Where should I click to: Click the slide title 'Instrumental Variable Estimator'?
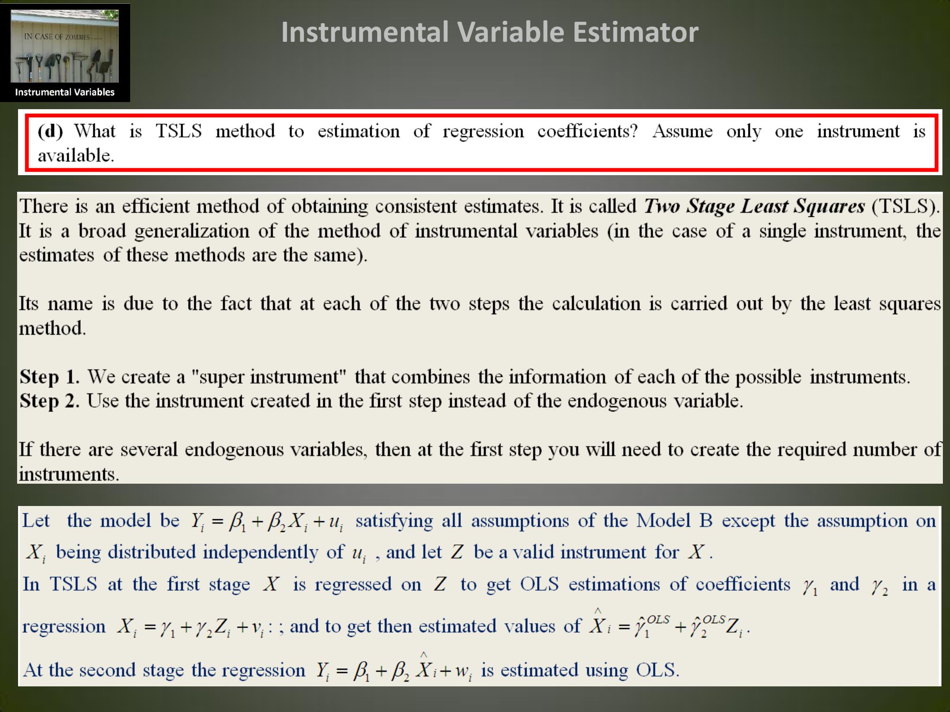click(490, 32)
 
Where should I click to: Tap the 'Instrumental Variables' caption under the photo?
click(65, 92)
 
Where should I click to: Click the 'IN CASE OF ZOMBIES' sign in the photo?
click(57, 37)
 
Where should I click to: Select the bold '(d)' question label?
click(50, 131)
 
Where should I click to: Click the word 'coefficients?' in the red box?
click(588, 131)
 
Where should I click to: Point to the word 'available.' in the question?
click(76, 155)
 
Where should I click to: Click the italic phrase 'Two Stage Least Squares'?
click(754, 206)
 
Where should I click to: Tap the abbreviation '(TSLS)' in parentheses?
click(906, 206)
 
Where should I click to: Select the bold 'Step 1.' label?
click(49, 377)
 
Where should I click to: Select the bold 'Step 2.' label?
click(49, 401)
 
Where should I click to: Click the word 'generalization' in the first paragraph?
click(192, 231)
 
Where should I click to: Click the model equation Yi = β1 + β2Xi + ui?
click(266, 522)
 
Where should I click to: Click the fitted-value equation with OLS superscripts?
click(669, 625)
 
